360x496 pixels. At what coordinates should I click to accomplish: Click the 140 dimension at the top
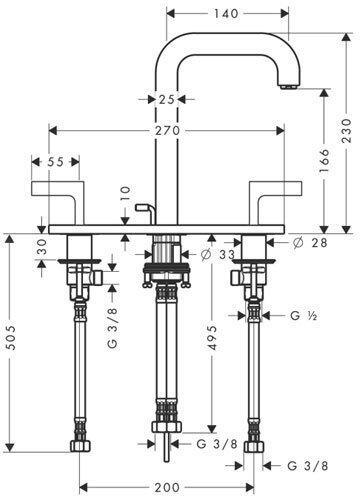226,13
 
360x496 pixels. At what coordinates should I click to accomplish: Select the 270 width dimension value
167,131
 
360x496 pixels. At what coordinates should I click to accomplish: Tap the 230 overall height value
347,131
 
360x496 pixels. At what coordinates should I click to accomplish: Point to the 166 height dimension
324,161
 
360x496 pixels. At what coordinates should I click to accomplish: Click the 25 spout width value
166,99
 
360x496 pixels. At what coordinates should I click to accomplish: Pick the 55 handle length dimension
55,162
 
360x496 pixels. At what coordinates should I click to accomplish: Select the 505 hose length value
11,338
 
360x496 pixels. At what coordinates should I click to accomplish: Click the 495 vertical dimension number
212,338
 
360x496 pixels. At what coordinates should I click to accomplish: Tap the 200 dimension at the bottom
167,487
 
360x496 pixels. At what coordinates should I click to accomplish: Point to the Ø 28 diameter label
310,243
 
